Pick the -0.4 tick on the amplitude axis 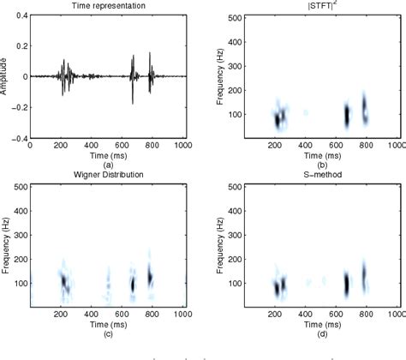click(19, 137)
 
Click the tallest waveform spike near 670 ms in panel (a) click(133, 77)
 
